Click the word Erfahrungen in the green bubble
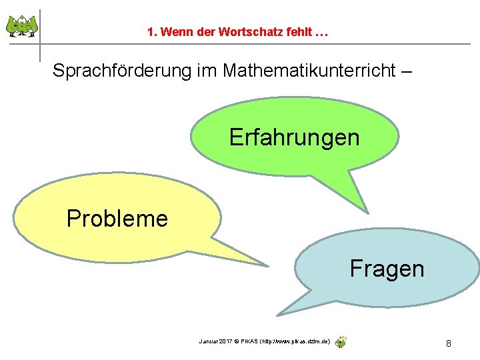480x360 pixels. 294,137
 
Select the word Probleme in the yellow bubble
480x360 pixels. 117,218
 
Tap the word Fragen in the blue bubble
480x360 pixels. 387,269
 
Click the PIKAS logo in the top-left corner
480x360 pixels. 21,27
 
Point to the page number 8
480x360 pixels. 449,343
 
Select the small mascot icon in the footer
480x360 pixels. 341,342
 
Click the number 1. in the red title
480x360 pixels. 153,32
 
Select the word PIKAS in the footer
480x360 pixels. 250,341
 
